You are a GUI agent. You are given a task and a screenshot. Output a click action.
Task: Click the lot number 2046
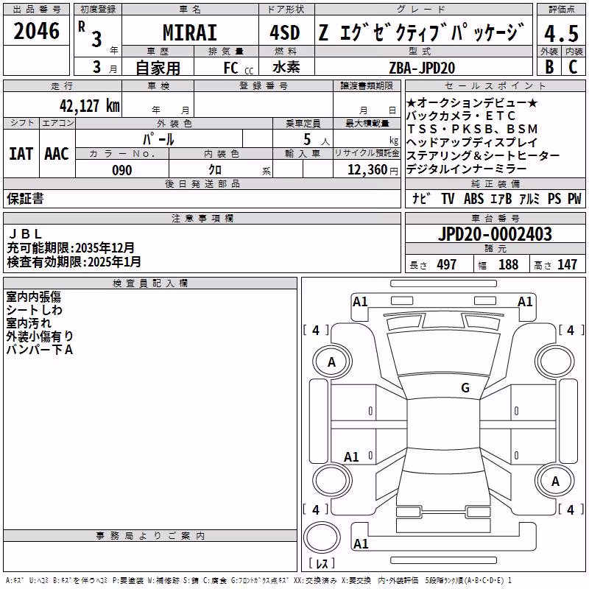[x=36, y=31]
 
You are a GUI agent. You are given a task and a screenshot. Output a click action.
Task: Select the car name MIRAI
[x=190, y=32]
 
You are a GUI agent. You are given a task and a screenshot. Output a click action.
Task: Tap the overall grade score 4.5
[x=561, y=33]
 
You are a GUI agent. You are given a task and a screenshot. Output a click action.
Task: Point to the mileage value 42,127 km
[x=89, y=106]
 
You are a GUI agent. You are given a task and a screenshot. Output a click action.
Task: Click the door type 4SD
[x=285, y=32]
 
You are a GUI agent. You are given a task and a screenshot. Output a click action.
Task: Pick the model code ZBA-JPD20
[x=422, y=68]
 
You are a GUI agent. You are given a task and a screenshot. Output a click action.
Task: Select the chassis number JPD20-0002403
[x=495, y=234]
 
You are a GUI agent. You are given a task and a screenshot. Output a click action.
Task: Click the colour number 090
[x=121, y=170]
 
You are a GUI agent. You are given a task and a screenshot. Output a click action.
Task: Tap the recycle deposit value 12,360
[x=367, y=170]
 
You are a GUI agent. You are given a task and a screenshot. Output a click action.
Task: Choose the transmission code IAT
[x=21, y=154]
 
